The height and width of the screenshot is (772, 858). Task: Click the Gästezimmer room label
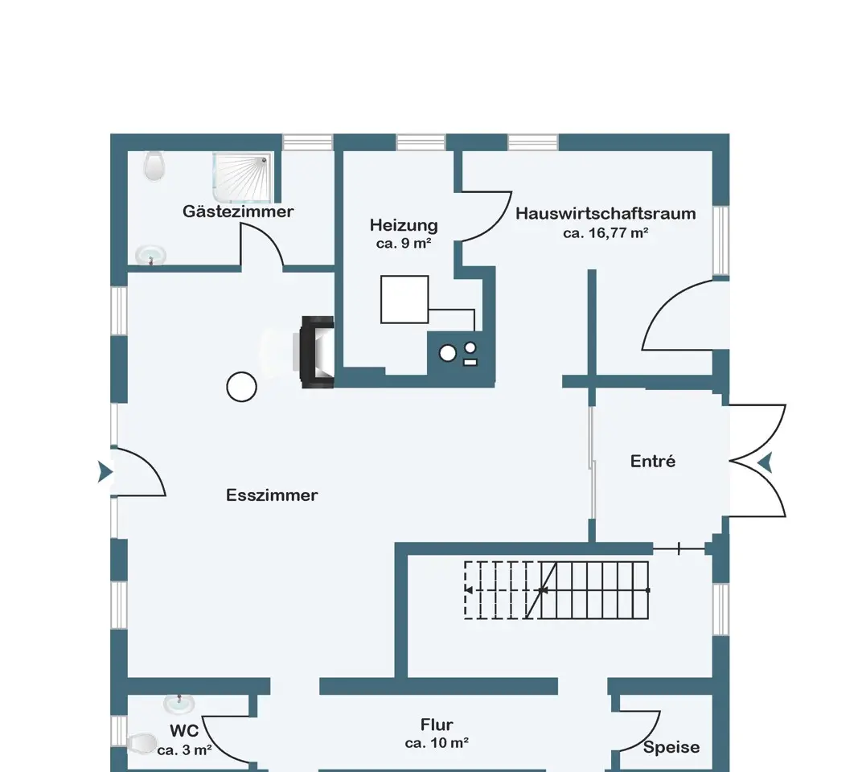tap(238, 211)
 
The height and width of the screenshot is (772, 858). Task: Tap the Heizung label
tap(404, 225)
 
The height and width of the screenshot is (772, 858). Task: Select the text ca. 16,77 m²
tap(606, 233)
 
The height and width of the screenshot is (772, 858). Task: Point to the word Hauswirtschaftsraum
tap(606, 213)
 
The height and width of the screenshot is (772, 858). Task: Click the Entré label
tap(653, 462)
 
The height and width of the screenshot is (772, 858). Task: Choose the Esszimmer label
tap(272, 495)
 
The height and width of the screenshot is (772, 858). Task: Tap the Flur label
tap(437, 725)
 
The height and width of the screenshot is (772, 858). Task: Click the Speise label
tap(671, 747)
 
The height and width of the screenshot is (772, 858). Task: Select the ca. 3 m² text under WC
tap(184, 750)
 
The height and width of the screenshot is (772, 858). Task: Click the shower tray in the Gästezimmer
tap(242, 177)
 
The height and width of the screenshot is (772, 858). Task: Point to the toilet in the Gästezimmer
tap(155, 166)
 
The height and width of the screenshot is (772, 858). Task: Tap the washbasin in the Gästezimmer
tap(151, 255)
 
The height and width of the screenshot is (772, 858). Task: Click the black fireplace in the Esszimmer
tap(317, 351)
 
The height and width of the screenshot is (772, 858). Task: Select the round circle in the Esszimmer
tap(241, 387)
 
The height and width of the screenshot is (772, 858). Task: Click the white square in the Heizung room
tap(404, 299)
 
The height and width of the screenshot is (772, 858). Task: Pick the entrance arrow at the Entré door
tap(765, 463)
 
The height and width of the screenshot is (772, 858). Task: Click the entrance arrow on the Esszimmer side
tap(105, 472)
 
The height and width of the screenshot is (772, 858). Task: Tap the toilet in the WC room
tap(142, 743)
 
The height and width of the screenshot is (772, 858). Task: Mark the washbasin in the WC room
tap(179, 703)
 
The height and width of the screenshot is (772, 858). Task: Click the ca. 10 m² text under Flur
tap(437, 743)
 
